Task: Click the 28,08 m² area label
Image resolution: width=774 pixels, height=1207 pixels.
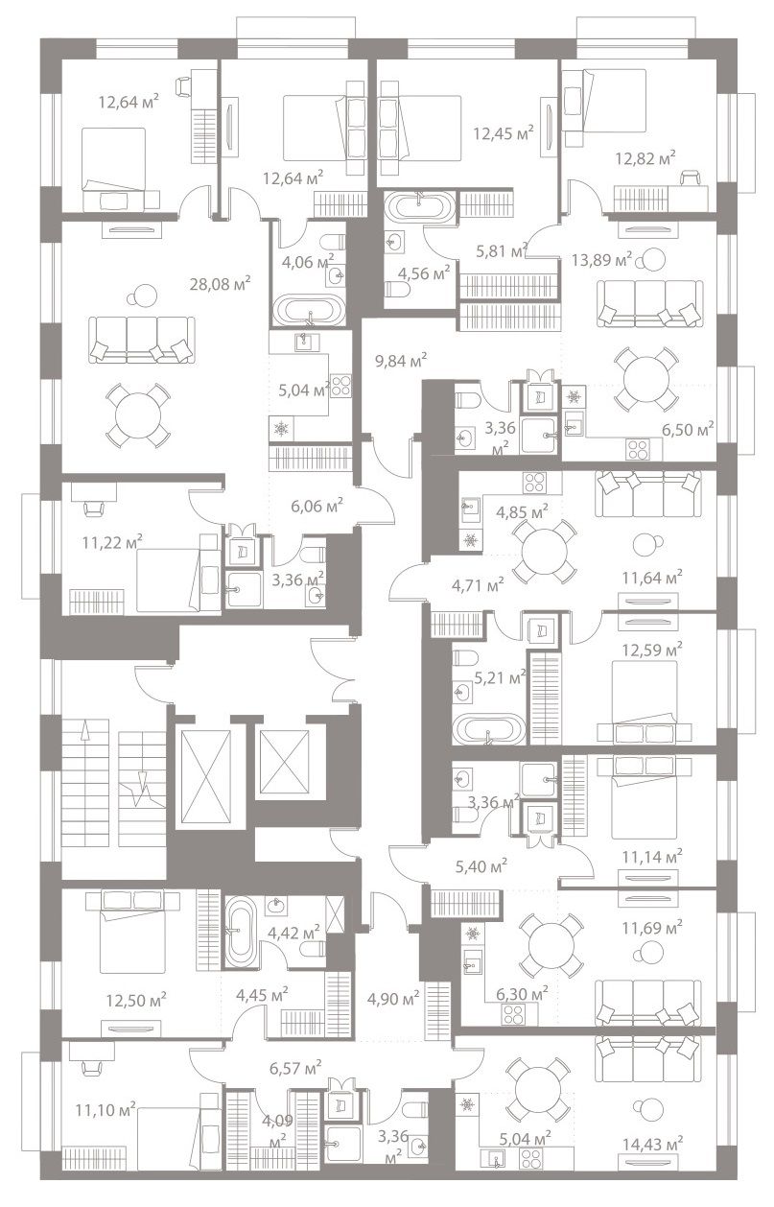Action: pyautogui.click(x=220, y=283)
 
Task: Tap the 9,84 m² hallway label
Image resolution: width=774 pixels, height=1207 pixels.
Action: pyautogui.click(x=401, y=360)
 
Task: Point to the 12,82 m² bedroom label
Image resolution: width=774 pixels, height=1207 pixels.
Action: pyautogui.click(x=645, y=158)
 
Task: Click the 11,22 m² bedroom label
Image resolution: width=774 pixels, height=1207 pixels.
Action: pyautogui.click(x=112, y=541)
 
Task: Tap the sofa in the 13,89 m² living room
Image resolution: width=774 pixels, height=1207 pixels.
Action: pyautogui.click(x=650, y=303)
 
